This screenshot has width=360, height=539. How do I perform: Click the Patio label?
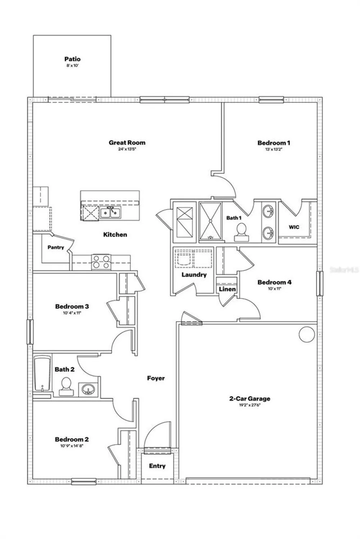[72, 59]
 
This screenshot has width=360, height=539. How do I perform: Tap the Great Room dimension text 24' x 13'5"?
[127, 149]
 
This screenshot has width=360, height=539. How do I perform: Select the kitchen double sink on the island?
[110, 213]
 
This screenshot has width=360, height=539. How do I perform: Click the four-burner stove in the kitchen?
[101, 262]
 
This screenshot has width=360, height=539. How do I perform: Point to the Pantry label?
[56, 247]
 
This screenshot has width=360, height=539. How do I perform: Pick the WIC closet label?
[294, 227]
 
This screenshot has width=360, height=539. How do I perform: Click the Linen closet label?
[227, 289]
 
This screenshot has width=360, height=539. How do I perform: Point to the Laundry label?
[194, 275]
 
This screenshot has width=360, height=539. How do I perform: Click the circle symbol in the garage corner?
[307, 334]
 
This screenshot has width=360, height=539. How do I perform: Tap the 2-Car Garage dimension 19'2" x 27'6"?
[250, 405]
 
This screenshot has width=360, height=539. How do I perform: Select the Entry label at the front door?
[157, 466]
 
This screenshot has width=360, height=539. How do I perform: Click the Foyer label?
[156, 378]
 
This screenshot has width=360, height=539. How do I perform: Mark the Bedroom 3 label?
[72, 307]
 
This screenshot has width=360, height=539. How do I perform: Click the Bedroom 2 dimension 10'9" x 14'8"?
[72, 446]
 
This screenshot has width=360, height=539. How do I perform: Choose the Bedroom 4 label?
[274, 282]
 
